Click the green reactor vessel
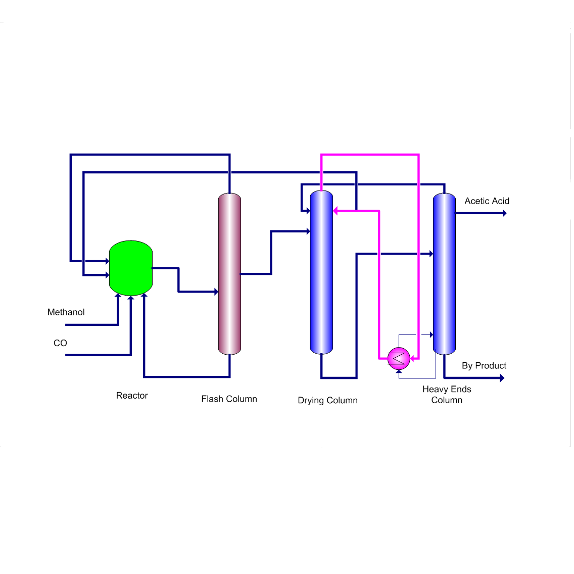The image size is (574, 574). pos(131,268)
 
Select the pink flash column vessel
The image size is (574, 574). pos(229,273)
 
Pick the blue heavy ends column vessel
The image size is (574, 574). pos(444,273)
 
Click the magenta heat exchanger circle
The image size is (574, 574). pos(399,358)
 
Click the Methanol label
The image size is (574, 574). pos(66,312)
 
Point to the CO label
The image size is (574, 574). pos(60,343)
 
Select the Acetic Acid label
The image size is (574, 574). pos(487,201)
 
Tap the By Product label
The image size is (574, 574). pos(484,366)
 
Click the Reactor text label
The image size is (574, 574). pos(132,396)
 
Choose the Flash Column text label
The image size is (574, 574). pos(229,399)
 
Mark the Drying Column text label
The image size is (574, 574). pos(327,401)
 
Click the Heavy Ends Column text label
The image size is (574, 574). pos(447,395)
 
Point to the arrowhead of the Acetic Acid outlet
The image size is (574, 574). pos(504,213)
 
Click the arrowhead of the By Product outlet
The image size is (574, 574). pos(502,377)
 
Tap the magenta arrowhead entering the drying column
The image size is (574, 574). pos(336,211)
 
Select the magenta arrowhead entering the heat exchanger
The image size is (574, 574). pos(413,358)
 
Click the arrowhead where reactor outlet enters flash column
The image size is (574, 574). pos(216,292)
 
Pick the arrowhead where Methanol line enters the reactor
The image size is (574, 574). pos(118,296)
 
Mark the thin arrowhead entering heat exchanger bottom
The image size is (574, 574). pos(399,372)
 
